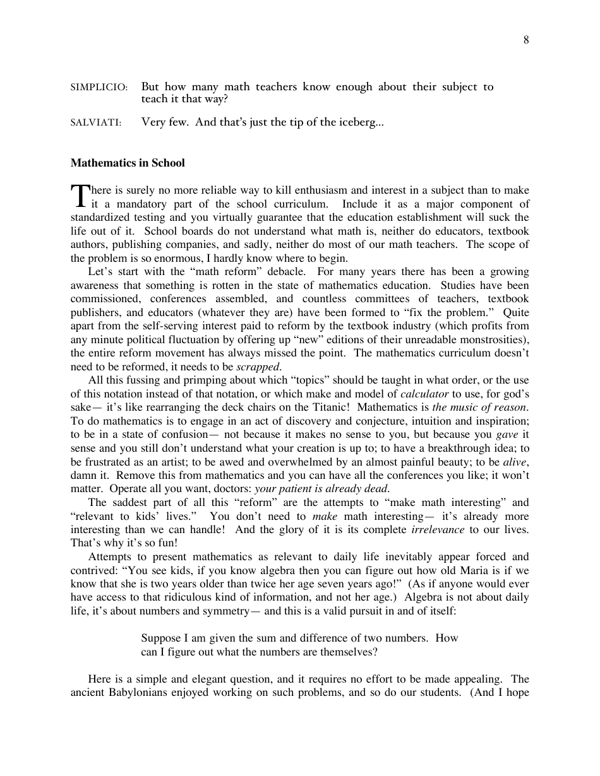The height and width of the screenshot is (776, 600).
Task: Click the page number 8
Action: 526,41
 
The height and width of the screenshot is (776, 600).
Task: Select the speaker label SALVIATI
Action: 96,122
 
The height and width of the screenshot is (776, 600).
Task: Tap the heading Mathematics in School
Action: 128,163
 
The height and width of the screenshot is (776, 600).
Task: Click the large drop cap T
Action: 79,196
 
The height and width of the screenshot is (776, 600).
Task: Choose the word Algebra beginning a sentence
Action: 424,597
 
